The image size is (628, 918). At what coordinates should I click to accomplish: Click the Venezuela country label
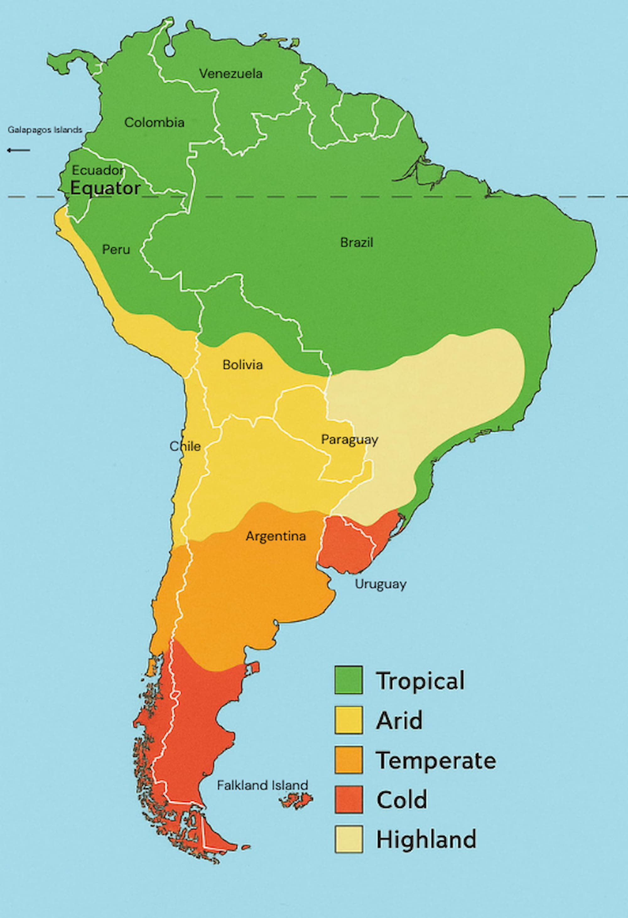tap(231, 74)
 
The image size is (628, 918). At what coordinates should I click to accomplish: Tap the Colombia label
tap(154, 122)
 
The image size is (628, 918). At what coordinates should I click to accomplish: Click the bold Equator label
tap(105, 188)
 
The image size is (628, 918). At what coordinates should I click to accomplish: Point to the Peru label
tap(116, 250)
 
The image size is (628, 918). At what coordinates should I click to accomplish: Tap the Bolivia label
tap(242, 364)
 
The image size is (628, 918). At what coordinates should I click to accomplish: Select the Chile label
tap(185, 446)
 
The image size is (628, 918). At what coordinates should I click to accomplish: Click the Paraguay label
tap(349, 439)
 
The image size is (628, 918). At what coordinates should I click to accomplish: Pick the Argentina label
tap(275, 536)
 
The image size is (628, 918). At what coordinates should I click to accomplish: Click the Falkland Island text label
tap(262, 785)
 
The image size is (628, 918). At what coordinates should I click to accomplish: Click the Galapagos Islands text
tap(45, 130)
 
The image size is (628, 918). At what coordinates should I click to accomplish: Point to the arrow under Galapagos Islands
tap(18, 150)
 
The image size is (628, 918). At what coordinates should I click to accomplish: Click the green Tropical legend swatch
tap(348, 680)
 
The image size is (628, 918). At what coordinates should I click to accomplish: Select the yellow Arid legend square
tap(348, 720)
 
